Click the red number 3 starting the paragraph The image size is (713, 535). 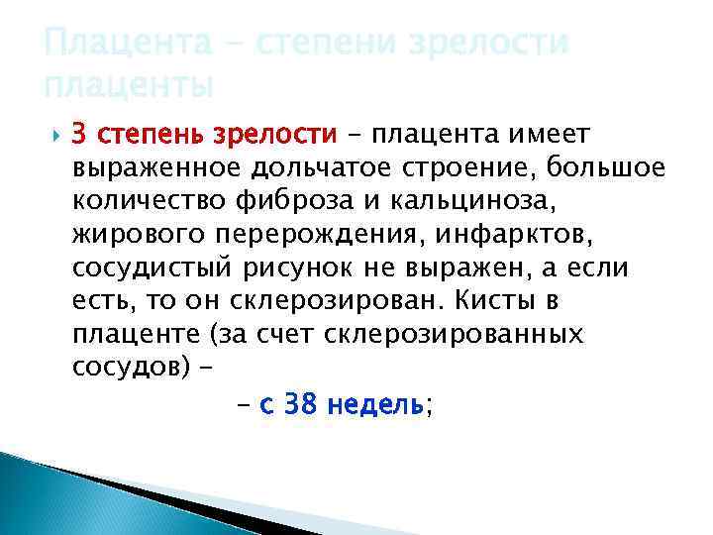[81, 134]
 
